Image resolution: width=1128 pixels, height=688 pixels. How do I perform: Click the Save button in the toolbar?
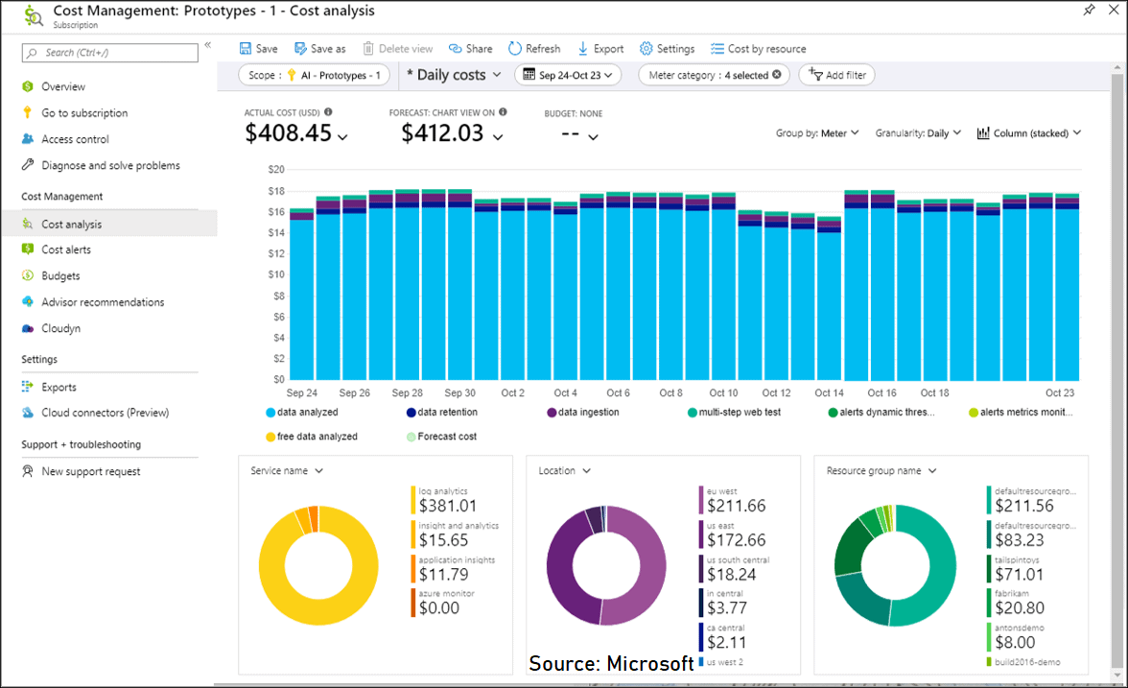[258, 49]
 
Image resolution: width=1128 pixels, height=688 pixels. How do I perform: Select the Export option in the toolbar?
[600, 49]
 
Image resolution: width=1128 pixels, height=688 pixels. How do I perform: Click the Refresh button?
[534, 49]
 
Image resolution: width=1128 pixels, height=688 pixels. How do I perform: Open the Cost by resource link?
[758, 49]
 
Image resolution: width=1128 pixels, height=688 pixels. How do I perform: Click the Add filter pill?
[836, 75]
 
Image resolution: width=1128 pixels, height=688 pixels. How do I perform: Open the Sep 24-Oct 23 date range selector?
[568, 75]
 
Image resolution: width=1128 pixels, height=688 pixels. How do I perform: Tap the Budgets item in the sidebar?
[60, 276]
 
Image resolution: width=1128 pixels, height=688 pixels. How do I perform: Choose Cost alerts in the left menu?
[66, 249]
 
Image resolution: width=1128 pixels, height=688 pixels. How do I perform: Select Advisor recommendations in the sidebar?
[102, 302]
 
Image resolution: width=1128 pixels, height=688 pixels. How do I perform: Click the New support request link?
[90, 472]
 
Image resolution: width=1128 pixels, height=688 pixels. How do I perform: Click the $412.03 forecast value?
[442, 133]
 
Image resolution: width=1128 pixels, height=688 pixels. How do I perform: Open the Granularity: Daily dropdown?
[918, 133]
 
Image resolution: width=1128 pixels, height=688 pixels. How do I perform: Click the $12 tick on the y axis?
[276, 254]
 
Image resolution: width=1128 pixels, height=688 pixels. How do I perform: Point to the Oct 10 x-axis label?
[723, 393]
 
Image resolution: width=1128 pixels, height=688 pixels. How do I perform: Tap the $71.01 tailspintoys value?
[1020, 575]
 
